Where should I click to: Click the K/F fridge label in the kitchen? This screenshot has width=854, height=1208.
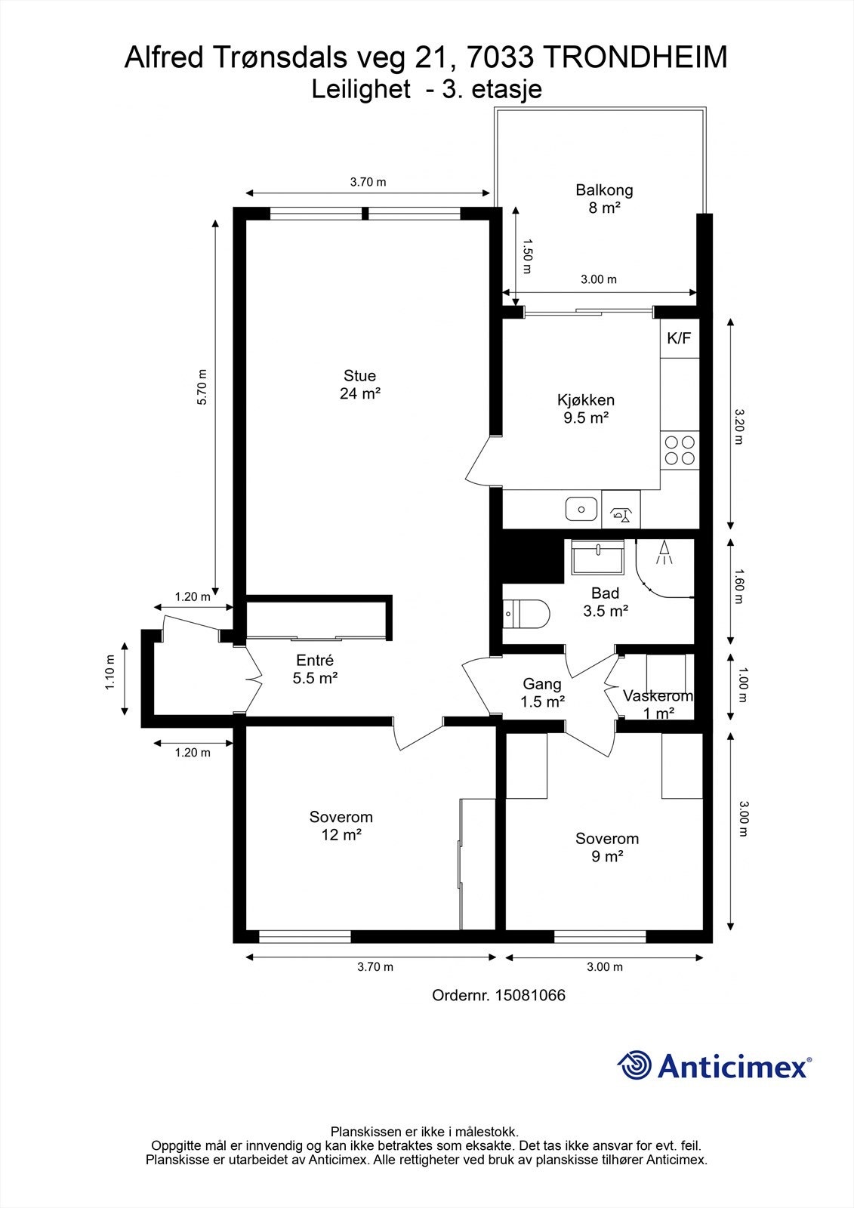[679, 338]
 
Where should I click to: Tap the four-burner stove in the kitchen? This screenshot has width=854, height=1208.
[680, 450]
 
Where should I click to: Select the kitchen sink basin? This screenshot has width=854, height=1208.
[581, 509]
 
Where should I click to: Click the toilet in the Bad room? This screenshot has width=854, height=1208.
[526, 614]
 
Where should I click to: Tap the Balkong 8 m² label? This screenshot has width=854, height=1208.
[604, 199]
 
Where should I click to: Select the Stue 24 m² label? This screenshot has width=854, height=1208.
[360, 384]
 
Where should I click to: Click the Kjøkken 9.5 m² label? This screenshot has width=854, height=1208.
[586, 408]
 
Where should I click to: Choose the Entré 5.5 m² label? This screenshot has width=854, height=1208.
[315, 669]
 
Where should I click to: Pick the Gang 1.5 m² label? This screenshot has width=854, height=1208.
[542, 692]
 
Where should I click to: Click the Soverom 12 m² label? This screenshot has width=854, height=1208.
[341, 826]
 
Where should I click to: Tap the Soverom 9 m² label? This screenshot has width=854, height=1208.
[607, 847]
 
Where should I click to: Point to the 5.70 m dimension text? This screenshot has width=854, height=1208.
[202, 387]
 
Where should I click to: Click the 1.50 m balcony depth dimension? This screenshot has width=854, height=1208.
[527, 256]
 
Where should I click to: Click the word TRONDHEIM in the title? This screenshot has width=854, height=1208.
[634, 57]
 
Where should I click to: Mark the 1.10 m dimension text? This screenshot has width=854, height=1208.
[110, 671]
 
